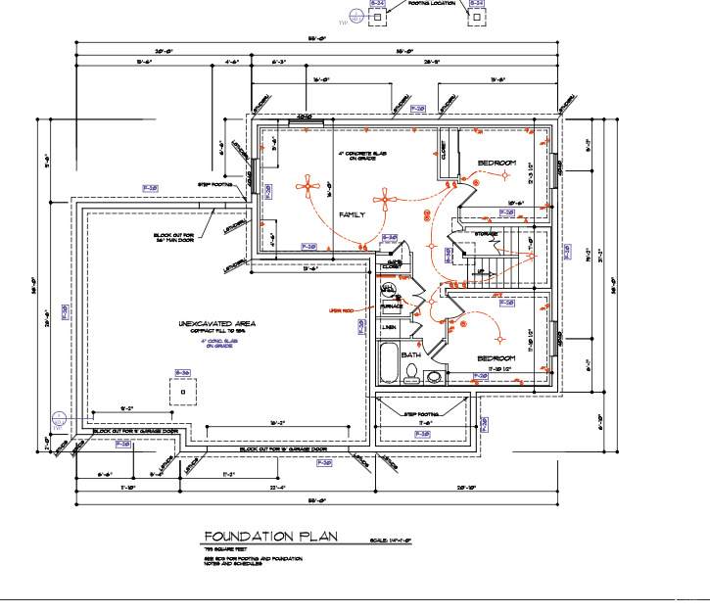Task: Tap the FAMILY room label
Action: pos(352,213)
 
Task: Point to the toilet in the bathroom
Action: pos(411,373)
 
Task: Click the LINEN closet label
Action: pos(388,327)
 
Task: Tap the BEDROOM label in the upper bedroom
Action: pos(497,162)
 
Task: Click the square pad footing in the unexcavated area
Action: pos(182,392)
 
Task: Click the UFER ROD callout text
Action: pos(342,310)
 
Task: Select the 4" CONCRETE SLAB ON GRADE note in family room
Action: pos(363,157)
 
